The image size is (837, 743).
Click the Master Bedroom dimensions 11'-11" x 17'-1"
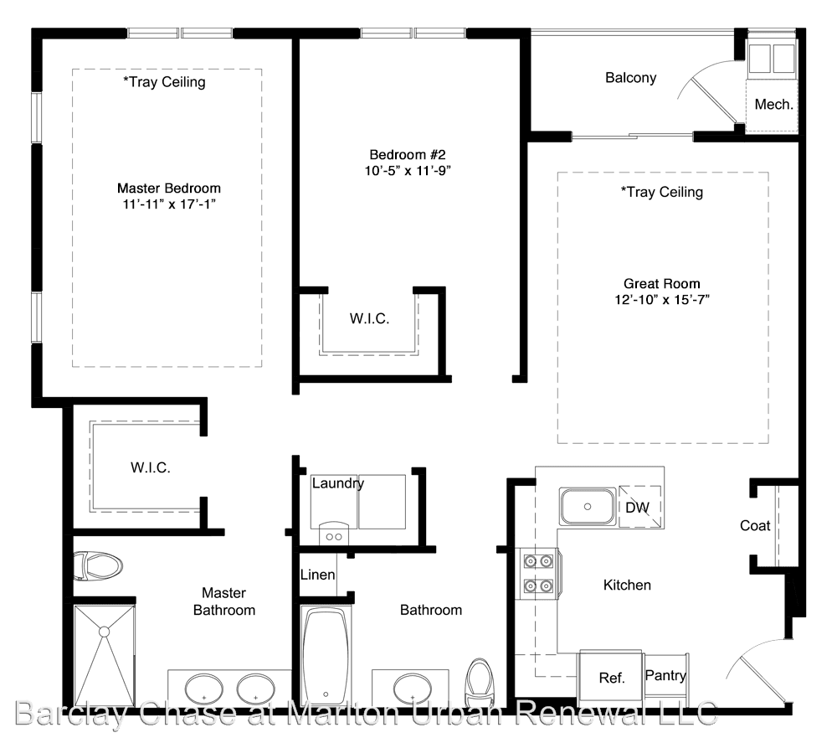[169, 204]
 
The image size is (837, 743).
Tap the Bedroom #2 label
[408, 155]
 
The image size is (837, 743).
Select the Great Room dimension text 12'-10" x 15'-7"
[662, 300]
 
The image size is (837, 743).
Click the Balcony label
[630, 78]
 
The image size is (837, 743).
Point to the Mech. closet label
[773, 105]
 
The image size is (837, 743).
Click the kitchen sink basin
[588, 507]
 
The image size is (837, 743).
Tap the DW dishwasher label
[637, 508]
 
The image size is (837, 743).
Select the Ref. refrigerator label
[612, 679]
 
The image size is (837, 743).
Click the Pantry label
[665, 676]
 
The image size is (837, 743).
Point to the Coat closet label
[755, 526]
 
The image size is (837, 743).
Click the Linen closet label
[317, 575]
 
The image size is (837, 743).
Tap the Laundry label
[338, 483]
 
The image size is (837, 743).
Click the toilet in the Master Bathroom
[98, 566]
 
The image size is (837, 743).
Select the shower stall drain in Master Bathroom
[104, 632]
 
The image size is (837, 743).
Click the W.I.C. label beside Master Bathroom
[151, 468]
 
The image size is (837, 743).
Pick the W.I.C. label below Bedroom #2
[369, 319]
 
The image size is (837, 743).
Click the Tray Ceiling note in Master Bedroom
[164, 82]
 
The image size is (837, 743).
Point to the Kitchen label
[627, 586]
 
